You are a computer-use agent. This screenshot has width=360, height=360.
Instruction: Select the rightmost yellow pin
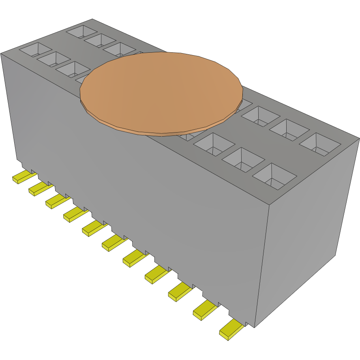coord(231,330)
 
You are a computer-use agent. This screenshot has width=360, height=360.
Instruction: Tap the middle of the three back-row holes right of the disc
coord(289,129)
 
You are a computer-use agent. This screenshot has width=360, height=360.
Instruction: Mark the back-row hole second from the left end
coord(100,40)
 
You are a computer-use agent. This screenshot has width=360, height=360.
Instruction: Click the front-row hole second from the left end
coord(54,59)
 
